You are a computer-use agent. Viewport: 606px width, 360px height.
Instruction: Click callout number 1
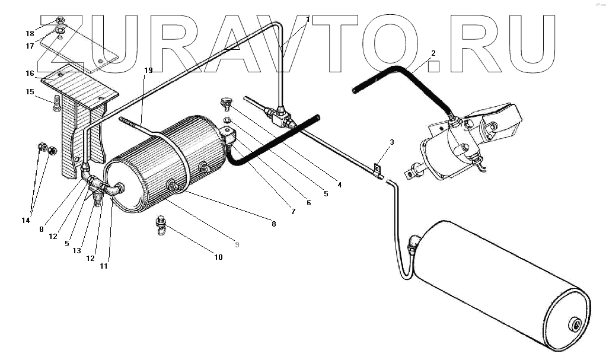pos(308,20)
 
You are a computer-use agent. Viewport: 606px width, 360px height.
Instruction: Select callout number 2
pos(433,53)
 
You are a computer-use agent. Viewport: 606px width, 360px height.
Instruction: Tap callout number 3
pos(391,142)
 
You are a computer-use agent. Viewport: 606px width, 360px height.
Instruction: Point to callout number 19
pos(148,71)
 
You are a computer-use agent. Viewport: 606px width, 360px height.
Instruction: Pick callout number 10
pos(219,257)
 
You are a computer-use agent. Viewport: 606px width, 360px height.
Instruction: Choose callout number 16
pos(29,74)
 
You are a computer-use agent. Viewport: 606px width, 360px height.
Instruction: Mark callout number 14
pos(25,221)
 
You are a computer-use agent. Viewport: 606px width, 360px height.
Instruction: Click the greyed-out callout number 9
pos(236,244)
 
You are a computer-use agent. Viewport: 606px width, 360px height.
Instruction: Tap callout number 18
pos(30,33)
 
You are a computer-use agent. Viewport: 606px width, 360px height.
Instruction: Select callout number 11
pos(103,266)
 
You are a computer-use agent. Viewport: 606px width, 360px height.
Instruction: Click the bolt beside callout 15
pos(56,103)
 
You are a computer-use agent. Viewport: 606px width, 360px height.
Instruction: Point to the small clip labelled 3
pos(375,170)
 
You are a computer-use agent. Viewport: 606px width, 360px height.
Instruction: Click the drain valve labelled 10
pos(161,224)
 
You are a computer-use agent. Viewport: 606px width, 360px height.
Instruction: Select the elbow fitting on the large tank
pos(414,241)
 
